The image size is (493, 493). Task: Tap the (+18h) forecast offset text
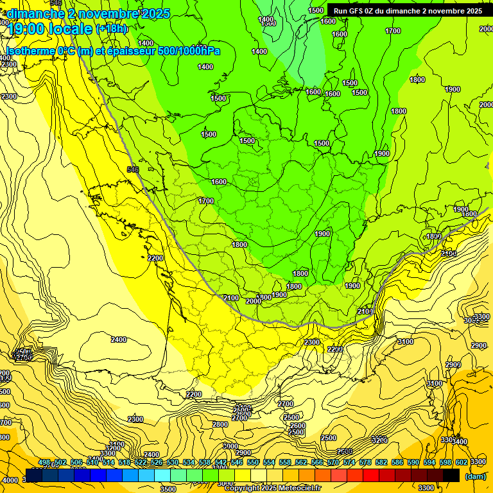[112, 28]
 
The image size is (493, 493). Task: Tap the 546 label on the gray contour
[133, 169]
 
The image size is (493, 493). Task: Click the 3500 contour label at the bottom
[168, 489]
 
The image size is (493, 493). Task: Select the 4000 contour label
[10, 480]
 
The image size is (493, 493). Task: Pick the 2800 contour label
[220, 424]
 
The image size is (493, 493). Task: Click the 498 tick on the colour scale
[44, 462]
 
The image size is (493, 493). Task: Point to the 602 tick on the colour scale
[462, 462]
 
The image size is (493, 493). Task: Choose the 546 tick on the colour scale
[236, 462]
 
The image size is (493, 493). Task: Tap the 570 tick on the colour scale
[333, 462]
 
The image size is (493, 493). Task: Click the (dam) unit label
[476, 476]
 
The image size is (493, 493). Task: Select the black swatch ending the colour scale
[451, 476]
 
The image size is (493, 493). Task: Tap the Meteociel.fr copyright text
[272, 489]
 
